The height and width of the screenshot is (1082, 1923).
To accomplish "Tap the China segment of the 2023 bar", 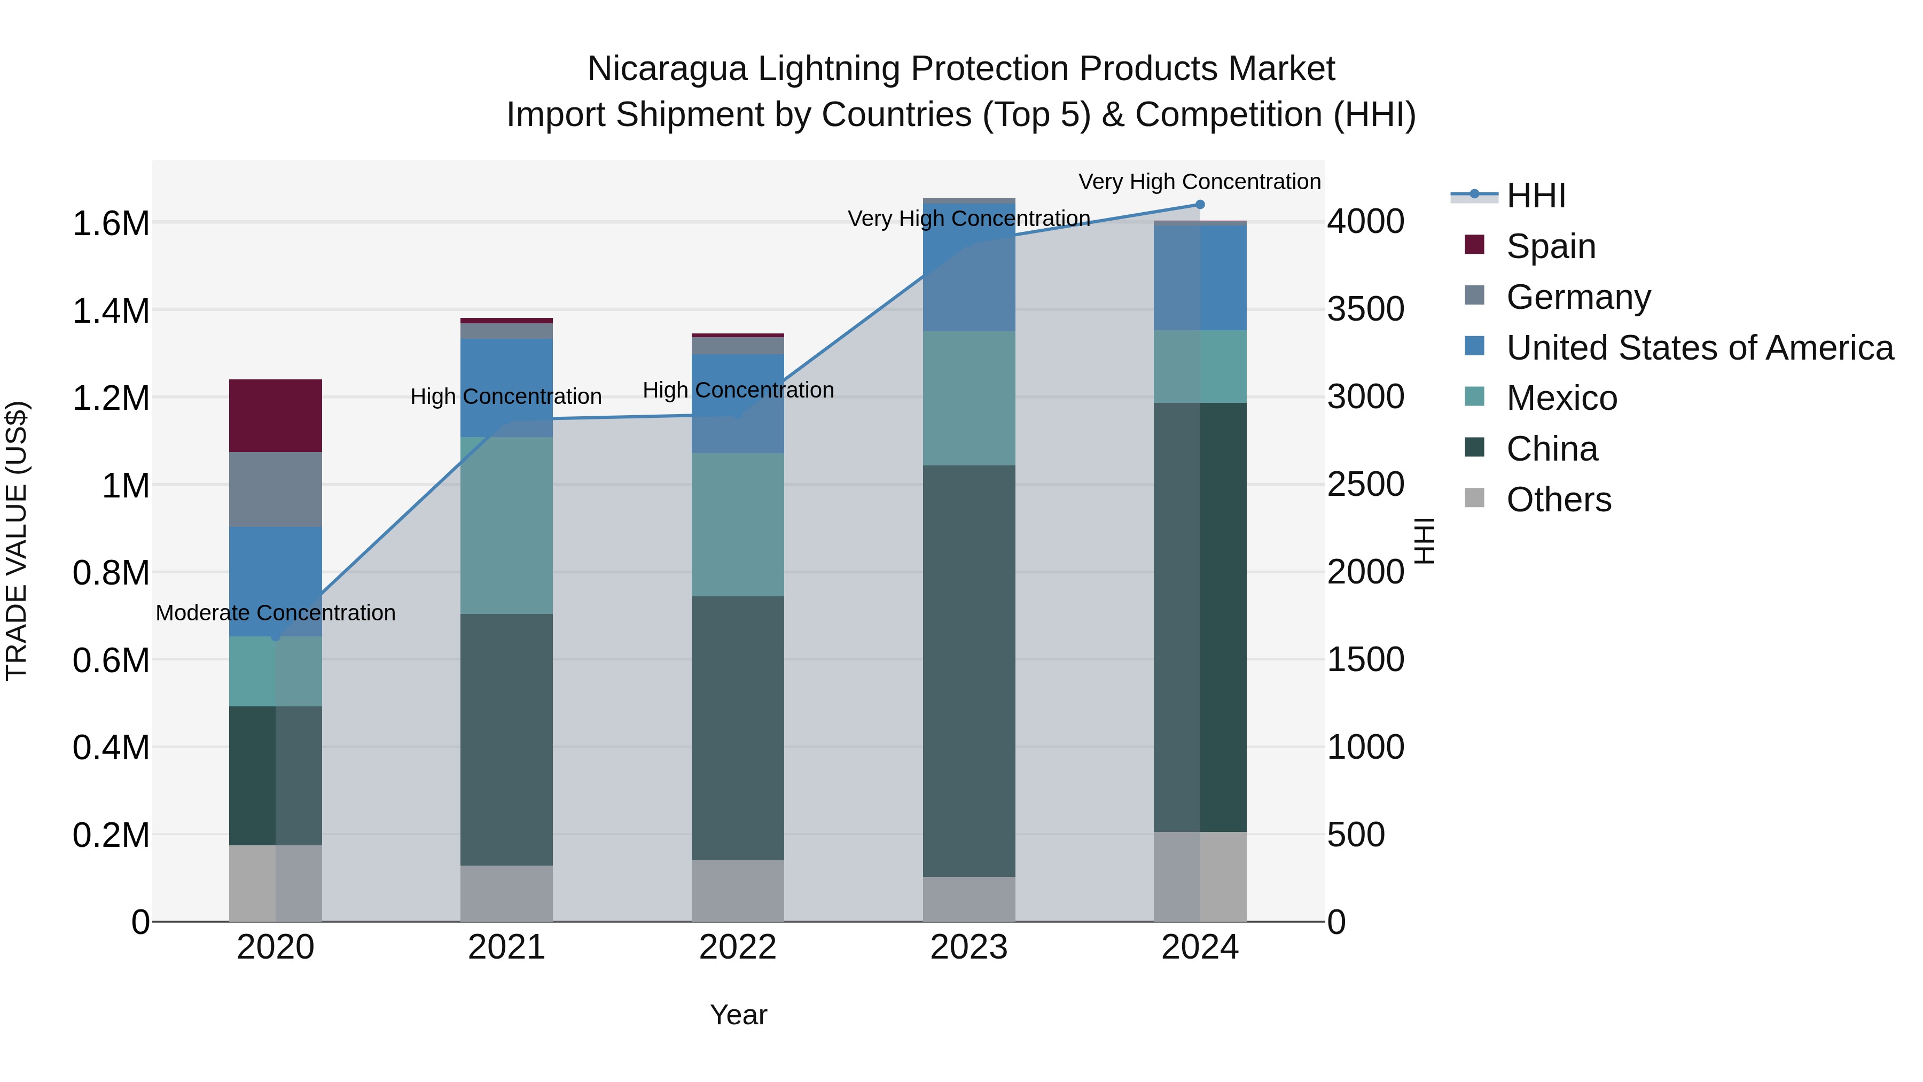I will [x=969, y=671].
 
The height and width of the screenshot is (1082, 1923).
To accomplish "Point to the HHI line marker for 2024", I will [x=1200, y=205].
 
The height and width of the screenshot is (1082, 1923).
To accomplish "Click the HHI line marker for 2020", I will [x=276, y=636].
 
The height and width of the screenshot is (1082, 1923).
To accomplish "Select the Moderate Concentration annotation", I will [x=276, y=613].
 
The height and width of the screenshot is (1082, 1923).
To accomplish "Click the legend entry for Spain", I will [x=1551, y=246].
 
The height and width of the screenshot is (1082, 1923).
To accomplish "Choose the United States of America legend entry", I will [x=1699, y=348].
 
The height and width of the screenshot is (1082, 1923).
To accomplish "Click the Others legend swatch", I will [x=1474, y=498].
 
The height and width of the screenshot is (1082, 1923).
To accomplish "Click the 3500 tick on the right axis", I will [x=1365, y=309].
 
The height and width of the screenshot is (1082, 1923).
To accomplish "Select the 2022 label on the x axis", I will [x=738, y=947].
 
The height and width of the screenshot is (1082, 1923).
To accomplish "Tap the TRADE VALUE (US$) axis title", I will [x=17, y=541].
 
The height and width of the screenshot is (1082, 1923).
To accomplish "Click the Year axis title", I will [x=738, y=1015].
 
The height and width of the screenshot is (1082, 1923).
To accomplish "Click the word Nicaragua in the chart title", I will [x=667, y=69].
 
